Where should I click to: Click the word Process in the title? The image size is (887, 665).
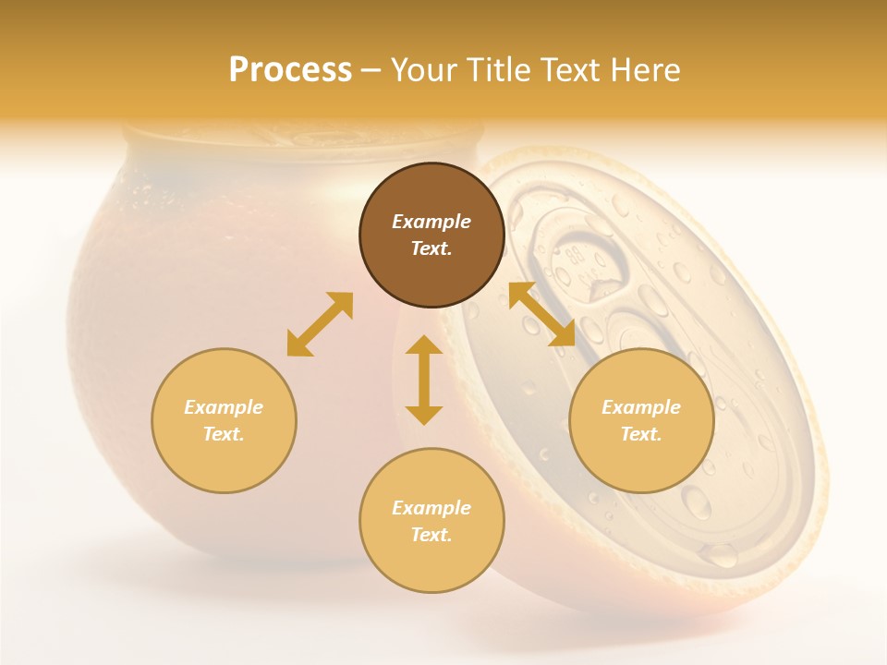tap(290, 70)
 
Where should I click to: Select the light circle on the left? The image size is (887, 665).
tap(224, 420)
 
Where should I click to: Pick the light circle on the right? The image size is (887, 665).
tap(641, 420)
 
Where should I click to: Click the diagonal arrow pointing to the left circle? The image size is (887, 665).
tap(320, 324)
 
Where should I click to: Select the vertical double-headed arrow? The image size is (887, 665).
tap(424, 380)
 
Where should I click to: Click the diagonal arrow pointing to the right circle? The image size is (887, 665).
tap(542, 314)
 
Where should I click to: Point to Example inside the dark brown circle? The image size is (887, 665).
tap(431, 222)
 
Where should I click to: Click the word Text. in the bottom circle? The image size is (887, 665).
tap(431, 535)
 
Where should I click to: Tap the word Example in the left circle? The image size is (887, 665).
tap(224, 407)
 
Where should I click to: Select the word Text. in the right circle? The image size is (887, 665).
tap(641, 434)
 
